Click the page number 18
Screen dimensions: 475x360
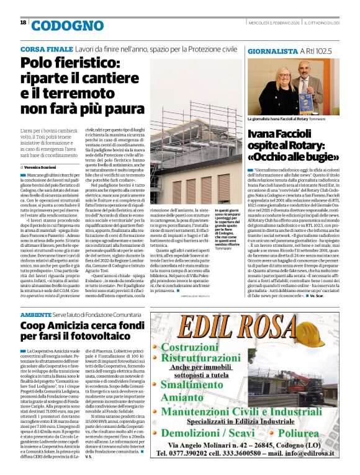[x=23, y=22]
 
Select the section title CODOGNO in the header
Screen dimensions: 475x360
[x=59, y=25]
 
